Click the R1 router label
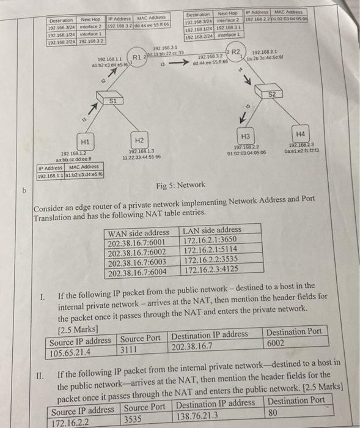[138, 59]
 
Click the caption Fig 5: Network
[177, 185]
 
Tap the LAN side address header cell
[211, 231]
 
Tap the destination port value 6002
[277, 343]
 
